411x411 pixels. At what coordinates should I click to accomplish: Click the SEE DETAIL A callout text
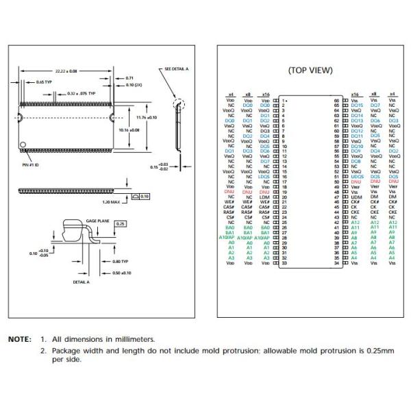click(x=177, y=70)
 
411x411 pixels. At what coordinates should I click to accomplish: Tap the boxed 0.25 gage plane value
click(x=121, y=224)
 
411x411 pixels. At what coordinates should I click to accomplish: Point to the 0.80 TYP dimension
click(x=121, y=262)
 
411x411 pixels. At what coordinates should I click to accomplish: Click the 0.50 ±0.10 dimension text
click(x=122, y=273)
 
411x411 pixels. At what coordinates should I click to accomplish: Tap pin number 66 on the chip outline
click(x=337, y=100)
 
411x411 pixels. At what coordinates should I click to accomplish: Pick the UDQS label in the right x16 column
click(x=356, y=176)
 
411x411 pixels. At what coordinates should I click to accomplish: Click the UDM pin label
click(x=355, y=197)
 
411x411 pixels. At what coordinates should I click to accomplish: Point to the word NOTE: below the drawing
click(x=19, y=339)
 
